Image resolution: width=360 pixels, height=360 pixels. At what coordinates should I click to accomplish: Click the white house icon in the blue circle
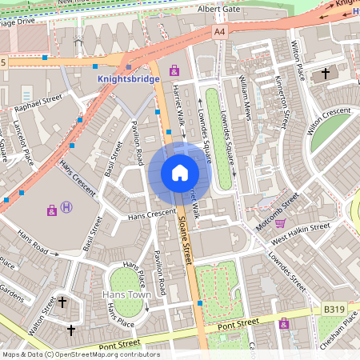pyautogui.click(x=180, y=173)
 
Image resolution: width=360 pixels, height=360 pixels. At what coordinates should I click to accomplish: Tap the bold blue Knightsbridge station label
pyautogui.click(x=128, y=80)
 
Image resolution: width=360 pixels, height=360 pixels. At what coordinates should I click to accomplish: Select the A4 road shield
pyautogui.click(x=219, y=31)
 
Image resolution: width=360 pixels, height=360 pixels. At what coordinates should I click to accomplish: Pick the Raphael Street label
pyautogui.click(x=38, y=102)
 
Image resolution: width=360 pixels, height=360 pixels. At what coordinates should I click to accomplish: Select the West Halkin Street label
pyautogui.click(x=301, y=228)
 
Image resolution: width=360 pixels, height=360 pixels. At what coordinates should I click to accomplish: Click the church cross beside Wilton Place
pyautogui.click(x=325, y=74)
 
